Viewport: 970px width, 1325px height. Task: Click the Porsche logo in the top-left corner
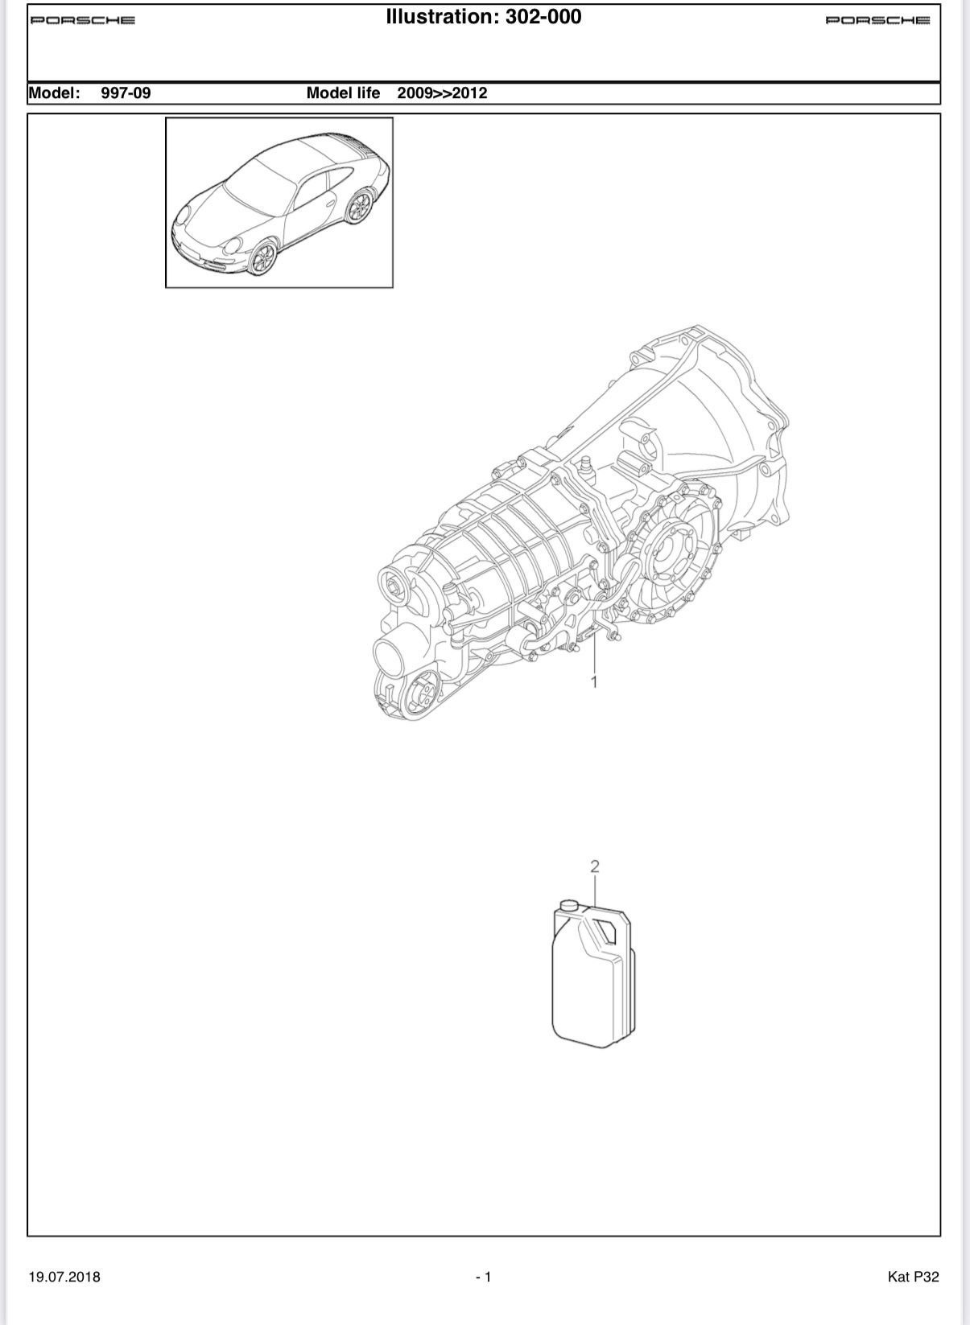pos(83,20)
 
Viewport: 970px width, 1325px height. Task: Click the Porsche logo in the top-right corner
pos(877,20)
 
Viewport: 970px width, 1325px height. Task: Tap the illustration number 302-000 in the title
pos(543,17)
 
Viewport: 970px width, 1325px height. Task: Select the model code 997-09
pos(126,93)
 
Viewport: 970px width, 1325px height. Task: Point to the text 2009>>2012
pos(442,93)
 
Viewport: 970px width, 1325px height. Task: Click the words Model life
pos(343,93)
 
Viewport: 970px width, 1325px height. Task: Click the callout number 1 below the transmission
pos(594,682)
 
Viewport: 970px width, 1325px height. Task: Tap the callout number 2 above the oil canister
pos(595,866)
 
